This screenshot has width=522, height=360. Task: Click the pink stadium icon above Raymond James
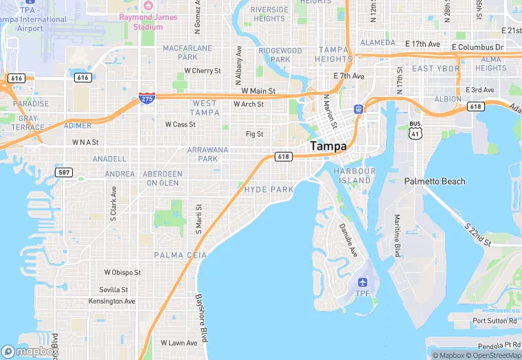[146, 6]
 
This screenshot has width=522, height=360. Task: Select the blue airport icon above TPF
[363, 282]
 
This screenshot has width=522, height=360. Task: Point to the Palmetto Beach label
[434, 181]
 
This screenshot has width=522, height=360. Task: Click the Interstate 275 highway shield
[146, 98]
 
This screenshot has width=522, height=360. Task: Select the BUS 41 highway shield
[415, 132]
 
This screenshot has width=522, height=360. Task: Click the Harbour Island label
[355, 175]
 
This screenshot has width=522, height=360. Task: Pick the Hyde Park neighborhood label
[269, 189]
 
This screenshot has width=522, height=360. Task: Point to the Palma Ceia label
[179, 255]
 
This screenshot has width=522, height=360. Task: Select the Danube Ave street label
[349, 241]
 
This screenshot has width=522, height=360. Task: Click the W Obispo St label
[122, 273]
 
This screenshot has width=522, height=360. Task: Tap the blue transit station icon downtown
[358, 109]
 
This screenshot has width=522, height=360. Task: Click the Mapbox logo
[29, 351]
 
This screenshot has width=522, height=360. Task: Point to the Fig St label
[255, 134]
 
